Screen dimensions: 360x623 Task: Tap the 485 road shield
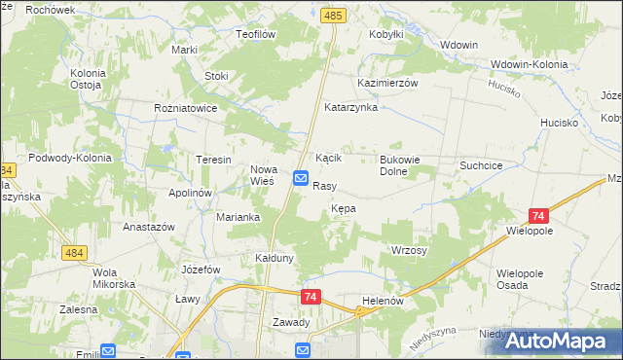tap(334, 17)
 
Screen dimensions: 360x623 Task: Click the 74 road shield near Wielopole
tap(538, 216)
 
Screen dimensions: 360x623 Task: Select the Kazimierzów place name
tap(387, 84)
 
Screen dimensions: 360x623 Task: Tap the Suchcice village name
tap(481, 166)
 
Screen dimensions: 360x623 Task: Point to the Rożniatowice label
tap(185, 108)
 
